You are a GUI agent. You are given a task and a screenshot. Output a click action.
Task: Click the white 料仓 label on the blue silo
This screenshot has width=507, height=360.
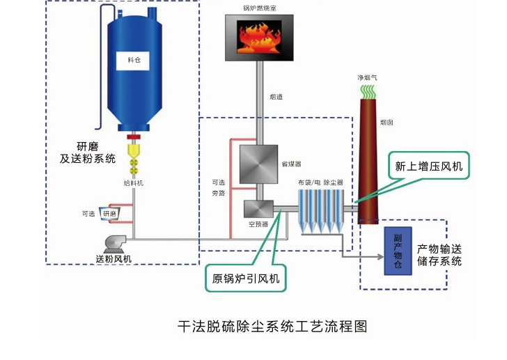click(134, 61)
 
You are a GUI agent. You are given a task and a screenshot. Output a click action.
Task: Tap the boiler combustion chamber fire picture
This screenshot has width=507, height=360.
click(259, 38)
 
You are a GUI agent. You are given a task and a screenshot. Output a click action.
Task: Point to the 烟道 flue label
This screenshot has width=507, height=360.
click(276, 97)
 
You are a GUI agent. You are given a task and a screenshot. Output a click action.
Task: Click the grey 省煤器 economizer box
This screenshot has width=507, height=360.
click(259, 165)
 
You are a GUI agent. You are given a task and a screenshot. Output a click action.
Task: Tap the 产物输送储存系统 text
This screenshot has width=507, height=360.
click(439, 255)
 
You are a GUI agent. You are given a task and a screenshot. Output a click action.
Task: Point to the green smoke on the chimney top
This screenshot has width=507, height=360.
click(367, 91)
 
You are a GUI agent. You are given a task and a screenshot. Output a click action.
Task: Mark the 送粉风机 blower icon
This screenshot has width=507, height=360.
click(114, 243)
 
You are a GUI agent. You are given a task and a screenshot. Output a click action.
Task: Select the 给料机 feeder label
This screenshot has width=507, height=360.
click(133, 183)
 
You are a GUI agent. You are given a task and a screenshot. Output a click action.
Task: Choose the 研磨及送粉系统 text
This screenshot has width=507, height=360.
click(87, 152)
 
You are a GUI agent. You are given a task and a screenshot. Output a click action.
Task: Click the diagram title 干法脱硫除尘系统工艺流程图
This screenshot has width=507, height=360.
click(272, 326)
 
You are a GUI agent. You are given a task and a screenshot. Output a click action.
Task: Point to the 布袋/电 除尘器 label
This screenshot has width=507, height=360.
click(320, 182)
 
